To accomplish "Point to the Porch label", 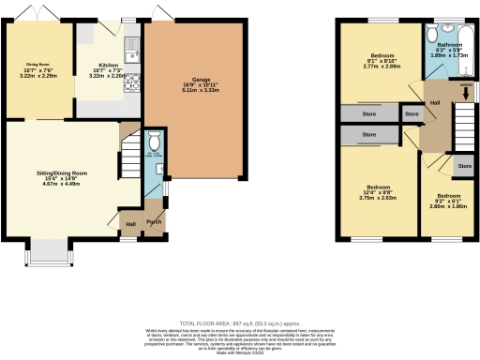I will (153, 223).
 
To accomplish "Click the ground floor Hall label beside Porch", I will (130, 223).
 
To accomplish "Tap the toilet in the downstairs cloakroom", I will (155, 145).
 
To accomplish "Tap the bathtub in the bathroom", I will (467, 52).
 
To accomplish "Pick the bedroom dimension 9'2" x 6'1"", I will (450, 201).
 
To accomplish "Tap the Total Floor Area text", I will (240, 322).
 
